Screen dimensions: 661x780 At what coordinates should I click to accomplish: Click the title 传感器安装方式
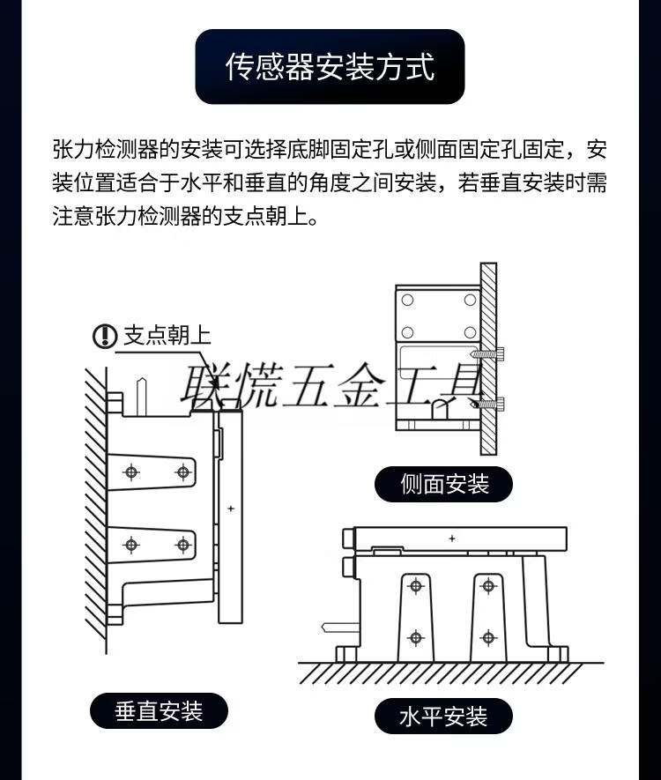[x=330, y=67]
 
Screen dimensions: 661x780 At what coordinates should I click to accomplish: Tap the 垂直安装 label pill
[x=159, y=711]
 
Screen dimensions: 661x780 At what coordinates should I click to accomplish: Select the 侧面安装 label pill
[x=443, y=484]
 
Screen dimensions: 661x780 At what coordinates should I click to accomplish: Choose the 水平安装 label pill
[x=443, y=717]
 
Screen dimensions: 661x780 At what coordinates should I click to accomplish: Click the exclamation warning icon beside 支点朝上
[x=105, y=336]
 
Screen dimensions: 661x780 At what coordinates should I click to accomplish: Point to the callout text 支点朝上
[x=167, y=335]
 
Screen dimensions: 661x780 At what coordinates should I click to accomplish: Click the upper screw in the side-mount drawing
[x=488, y=354]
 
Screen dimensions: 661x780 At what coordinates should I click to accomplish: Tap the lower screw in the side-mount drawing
[x=488, y=404]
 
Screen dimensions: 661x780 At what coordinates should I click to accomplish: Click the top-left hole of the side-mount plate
[x=407, y=300]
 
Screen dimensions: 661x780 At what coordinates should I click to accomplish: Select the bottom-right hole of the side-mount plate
[x=470, y=332]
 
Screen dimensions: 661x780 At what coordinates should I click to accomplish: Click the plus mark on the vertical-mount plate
[x=231, y=509]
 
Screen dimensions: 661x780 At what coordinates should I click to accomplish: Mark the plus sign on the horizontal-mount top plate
[x=451, y=539]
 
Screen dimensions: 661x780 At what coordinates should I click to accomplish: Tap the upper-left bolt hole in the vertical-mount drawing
[x=131, y=472]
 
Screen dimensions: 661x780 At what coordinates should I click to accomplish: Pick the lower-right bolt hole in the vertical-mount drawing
[x=183, y=546]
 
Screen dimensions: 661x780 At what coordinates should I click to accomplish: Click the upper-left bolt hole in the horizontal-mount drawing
[x=415, y=586]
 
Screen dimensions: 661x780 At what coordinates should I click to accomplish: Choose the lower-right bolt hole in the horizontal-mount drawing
[x=488, y=637]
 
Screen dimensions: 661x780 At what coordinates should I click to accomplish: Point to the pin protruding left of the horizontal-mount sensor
[x=340, y=628]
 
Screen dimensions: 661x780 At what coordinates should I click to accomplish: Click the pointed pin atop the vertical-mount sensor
[x=142, y=397]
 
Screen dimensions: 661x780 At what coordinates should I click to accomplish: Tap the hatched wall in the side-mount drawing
[x=488, y=359]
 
